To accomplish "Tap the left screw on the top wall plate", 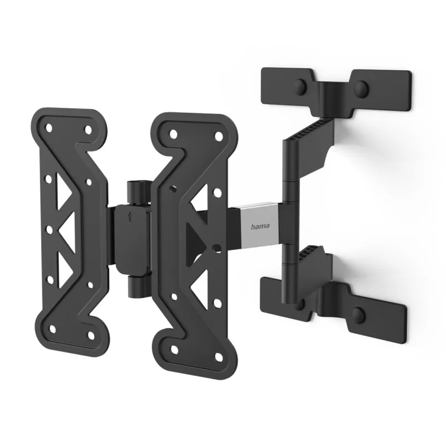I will (302, 86).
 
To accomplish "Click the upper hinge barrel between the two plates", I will (135, 192).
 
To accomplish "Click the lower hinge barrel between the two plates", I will (135, 287).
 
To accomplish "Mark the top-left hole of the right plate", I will (174, 134).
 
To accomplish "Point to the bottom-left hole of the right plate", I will (174, 348).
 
